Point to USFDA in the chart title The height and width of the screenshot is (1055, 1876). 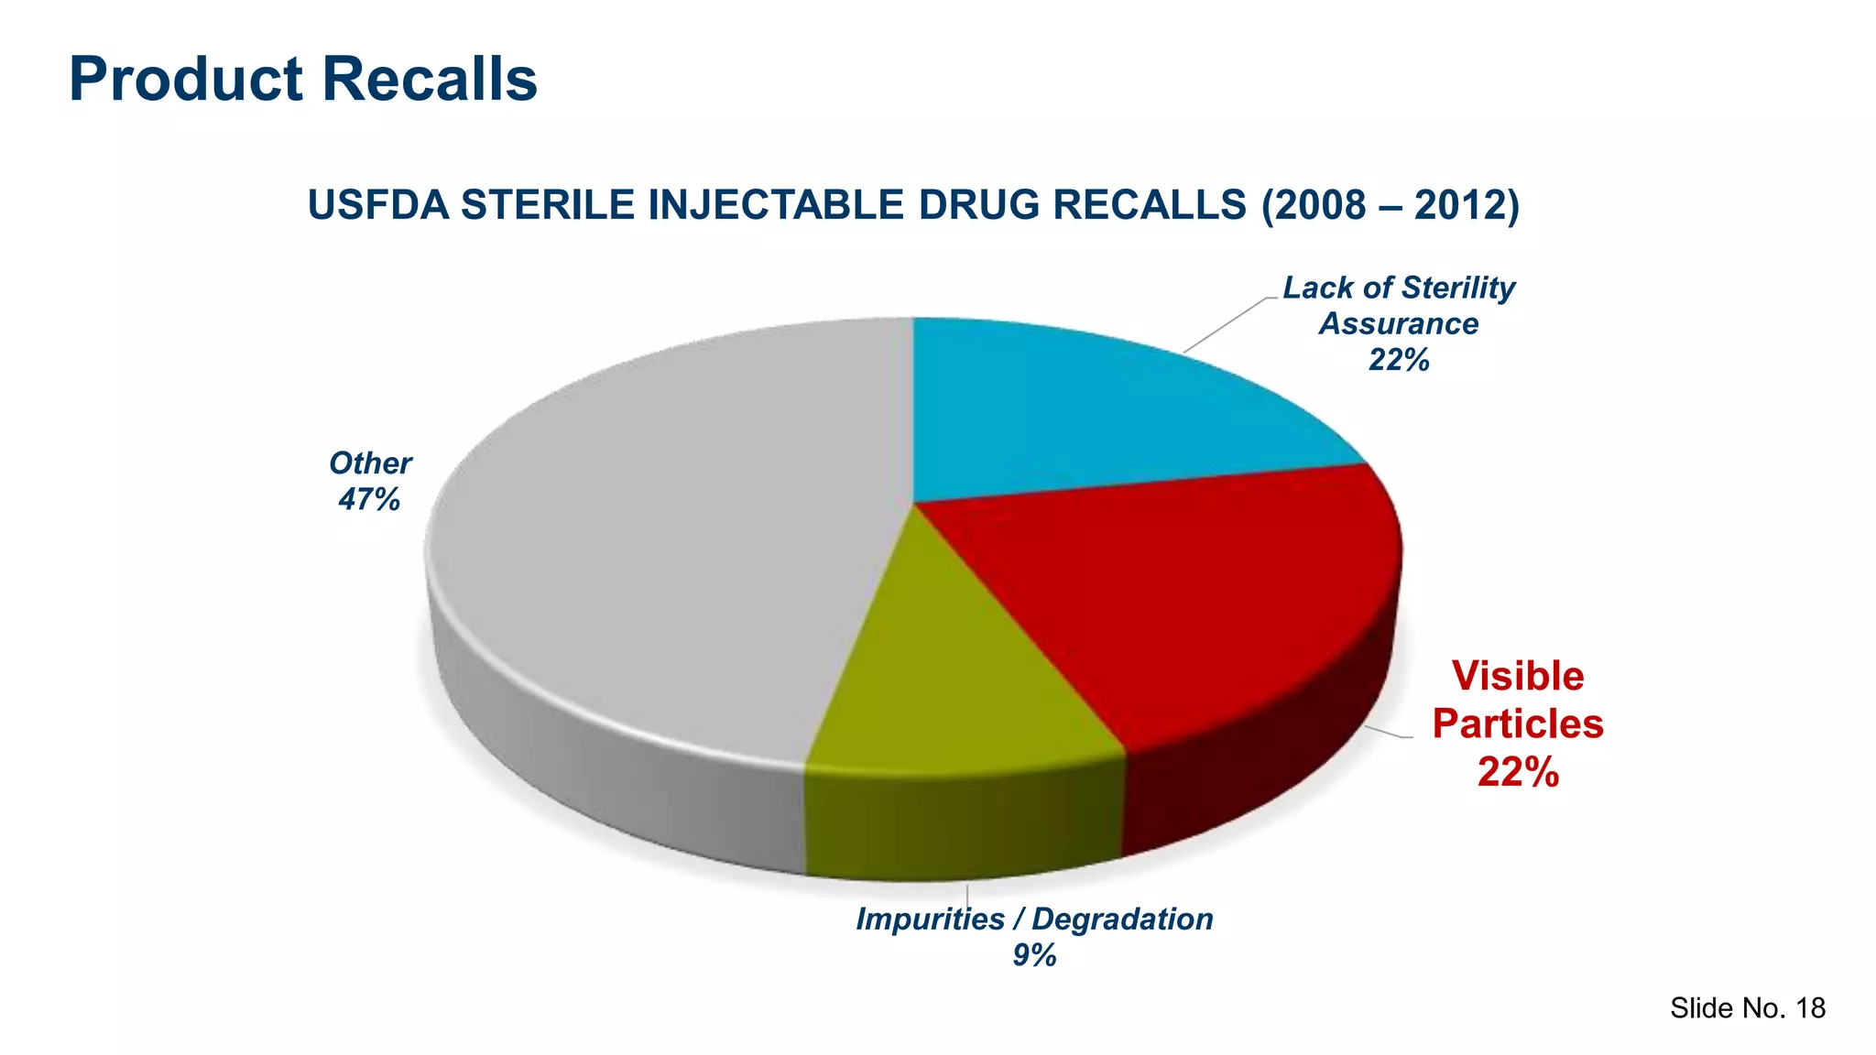click(x=377, y=204)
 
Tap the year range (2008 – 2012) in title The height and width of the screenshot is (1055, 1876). click(x=1390, y=204)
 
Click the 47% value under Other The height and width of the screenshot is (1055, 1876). click(x=369, y=499)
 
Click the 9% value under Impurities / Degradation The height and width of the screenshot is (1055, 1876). click(x=1034, y=955)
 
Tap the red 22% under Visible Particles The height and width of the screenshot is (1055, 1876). click(x=1518, y=772)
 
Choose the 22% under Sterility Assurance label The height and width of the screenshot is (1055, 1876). click(x=1399, y=360)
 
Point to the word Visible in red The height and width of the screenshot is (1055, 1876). click(x=1518, y=677)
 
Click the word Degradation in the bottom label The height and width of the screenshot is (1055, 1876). click(x=1122, y=919)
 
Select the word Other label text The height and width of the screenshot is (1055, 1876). click(x=370, y=463)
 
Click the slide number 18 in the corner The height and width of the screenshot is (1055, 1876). click(x=1810, y=1008)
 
